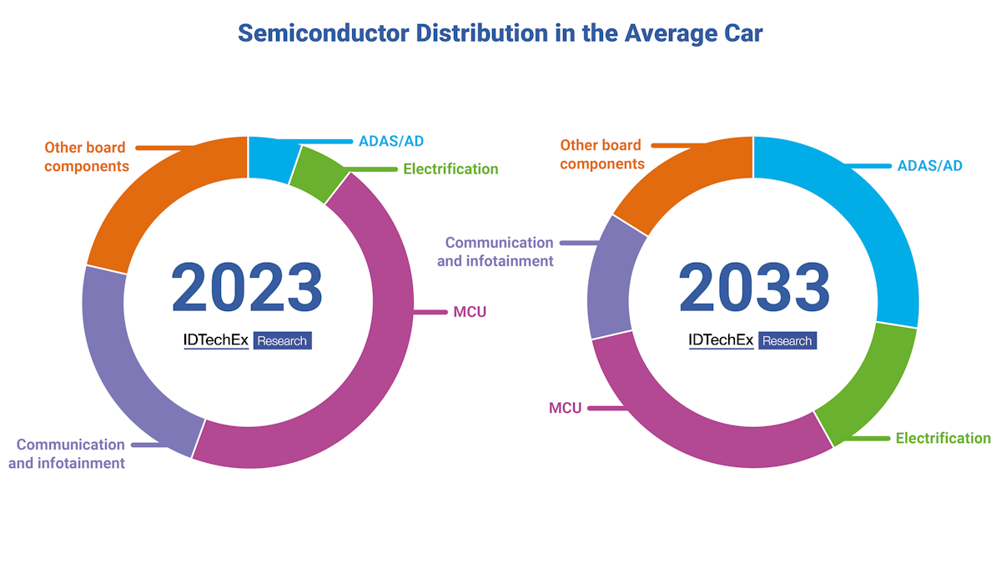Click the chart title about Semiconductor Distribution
tap(500, 33)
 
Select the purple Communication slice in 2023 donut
tap(125, 359)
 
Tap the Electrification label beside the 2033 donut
tap(943, 438)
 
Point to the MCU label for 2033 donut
tap(565, 409)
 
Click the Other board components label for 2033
tap(601, 154)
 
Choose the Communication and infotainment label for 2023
tap(68, 454)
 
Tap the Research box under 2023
tap(282, 340)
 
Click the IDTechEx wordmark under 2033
tap(721, 340)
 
